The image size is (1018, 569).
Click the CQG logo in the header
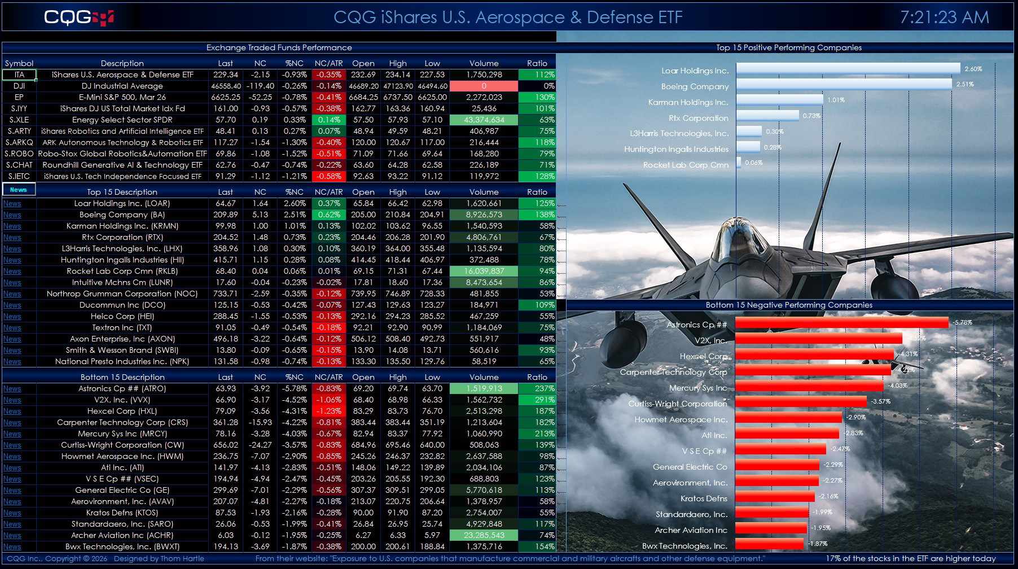click(78, 17)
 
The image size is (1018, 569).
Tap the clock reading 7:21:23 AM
click(944, 17)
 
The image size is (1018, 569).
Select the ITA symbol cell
click(19, 75)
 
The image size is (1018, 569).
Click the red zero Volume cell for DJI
click(484, 86)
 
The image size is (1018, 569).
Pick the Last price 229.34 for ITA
click(225, 75)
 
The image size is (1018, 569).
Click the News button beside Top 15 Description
click(19, 190)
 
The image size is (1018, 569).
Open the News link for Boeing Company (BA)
click(12, 215)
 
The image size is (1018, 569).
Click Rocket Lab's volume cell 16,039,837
click(484, 271)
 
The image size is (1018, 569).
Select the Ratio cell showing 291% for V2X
click(537, 400)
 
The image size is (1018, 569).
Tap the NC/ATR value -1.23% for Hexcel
click(328, 411)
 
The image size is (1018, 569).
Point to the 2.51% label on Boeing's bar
click(965, 84)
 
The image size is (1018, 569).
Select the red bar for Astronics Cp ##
click(841, 322)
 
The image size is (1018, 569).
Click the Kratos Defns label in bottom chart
click(704, 498)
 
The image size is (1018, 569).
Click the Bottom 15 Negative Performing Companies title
click(789, 305)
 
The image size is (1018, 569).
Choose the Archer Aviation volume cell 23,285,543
click(484, 535)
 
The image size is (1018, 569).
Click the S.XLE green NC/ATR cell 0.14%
click(328, 120)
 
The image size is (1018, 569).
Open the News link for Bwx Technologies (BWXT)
click(12, 547)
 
